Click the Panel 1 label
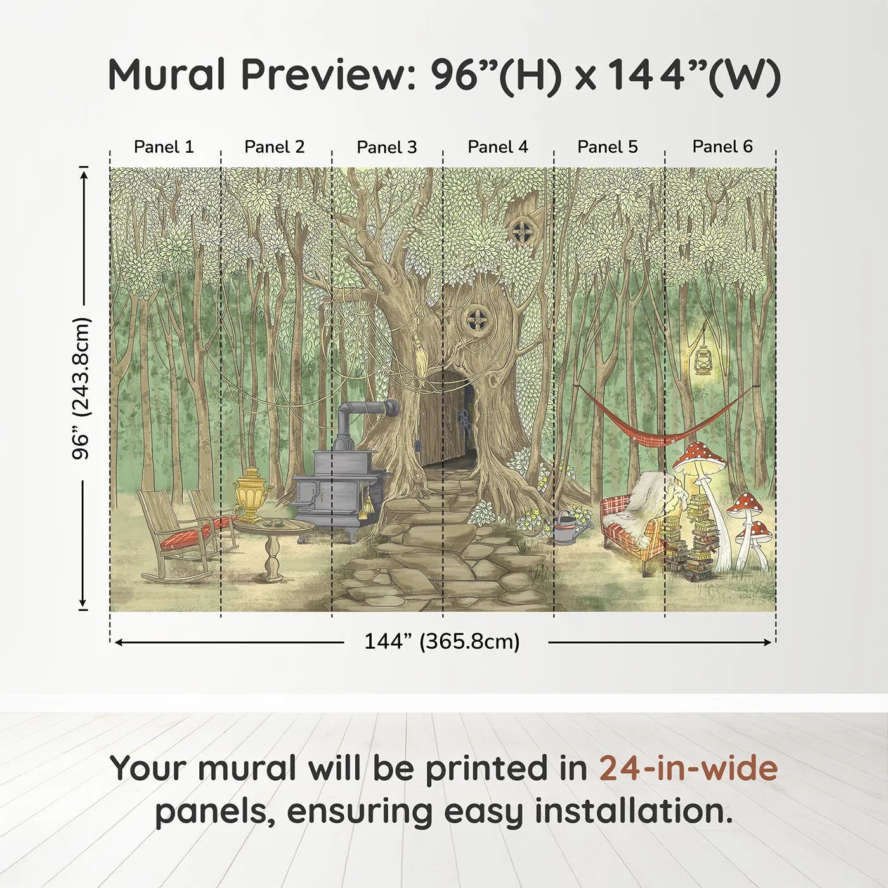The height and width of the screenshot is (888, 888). (x=164, y=147)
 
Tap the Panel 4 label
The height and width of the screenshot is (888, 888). (x=497, y=147)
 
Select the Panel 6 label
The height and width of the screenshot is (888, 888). (x=722, y=147)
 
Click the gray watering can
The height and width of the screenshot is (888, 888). (x=566, y=529)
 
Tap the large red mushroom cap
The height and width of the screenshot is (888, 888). (x=699, y=455)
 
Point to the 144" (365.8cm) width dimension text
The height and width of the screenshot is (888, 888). (x=441, y=642)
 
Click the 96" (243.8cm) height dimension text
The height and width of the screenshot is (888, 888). (x=81, y=388)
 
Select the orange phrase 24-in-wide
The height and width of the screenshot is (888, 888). (x=688, y=769)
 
